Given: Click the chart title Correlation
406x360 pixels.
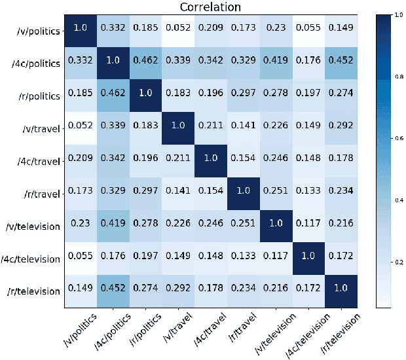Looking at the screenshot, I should (212, 9).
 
